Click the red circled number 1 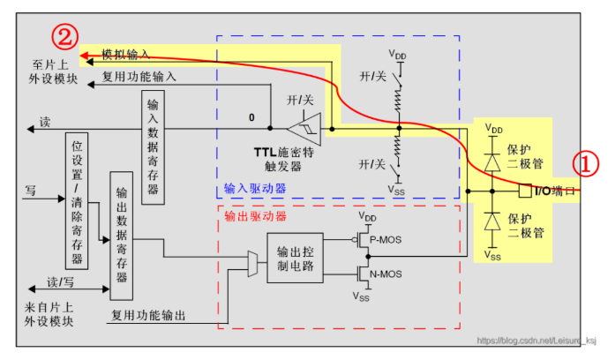[x=586, y=163]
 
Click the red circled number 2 [x=64, y=37]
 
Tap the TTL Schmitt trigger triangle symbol [x=304, y=129]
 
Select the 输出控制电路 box [x=296, y=258]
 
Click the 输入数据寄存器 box [x=153, y=147]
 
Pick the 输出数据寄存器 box [x=122, y=236]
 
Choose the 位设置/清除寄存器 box [x=77, y=201]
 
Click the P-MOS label [x=386, y=240]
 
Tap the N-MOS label [x=386, y=274]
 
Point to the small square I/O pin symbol [x=525, y=191]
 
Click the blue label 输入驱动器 [x=255, y=189]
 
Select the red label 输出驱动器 [x=255, y=216]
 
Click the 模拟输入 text [x=125, y=54]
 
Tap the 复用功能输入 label [x=139, y=77]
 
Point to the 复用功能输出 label [x=148, y=315]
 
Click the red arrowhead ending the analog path [x=84, y=56]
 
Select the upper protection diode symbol [x=492, y=162]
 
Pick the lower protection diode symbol [x=492, y=221]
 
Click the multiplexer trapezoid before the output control [x=252, y=264]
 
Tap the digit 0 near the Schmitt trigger [x=251, y=117]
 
